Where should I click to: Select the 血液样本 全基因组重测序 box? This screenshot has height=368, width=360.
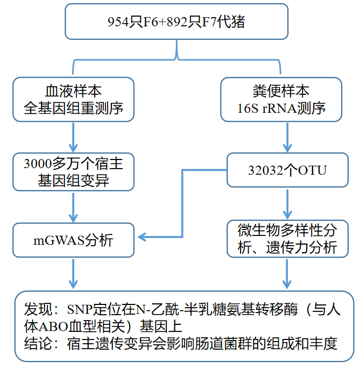73,99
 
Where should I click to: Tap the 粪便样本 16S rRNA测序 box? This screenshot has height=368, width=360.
281,99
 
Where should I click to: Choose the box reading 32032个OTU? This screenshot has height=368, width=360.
287,171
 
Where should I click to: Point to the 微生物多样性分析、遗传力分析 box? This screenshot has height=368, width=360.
287,238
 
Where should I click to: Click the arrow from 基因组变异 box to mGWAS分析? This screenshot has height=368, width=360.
73,206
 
